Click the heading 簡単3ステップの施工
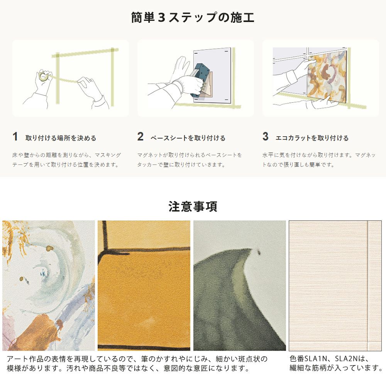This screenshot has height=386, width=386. point(193,18)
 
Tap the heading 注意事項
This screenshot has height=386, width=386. point(193,206)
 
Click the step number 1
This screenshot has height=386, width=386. point(15,137)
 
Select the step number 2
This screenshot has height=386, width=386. point(141,137)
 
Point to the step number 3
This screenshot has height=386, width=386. point(266,137)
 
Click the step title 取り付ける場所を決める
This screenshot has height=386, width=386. point(61,138)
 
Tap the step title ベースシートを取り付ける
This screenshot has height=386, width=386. point(188,138)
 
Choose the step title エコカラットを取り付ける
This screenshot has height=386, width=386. point(312,138)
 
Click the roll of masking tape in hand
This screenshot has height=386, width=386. point(44,76)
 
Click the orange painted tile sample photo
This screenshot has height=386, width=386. point(144,286)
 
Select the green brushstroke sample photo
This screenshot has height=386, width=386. point(240,286)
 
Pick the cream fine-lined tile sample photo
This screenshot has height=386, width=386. point(335,286)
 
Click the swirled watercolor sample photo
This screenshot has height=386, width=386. point(49,286)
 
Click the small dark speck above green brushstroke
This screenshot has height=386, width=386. point(259,252)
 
